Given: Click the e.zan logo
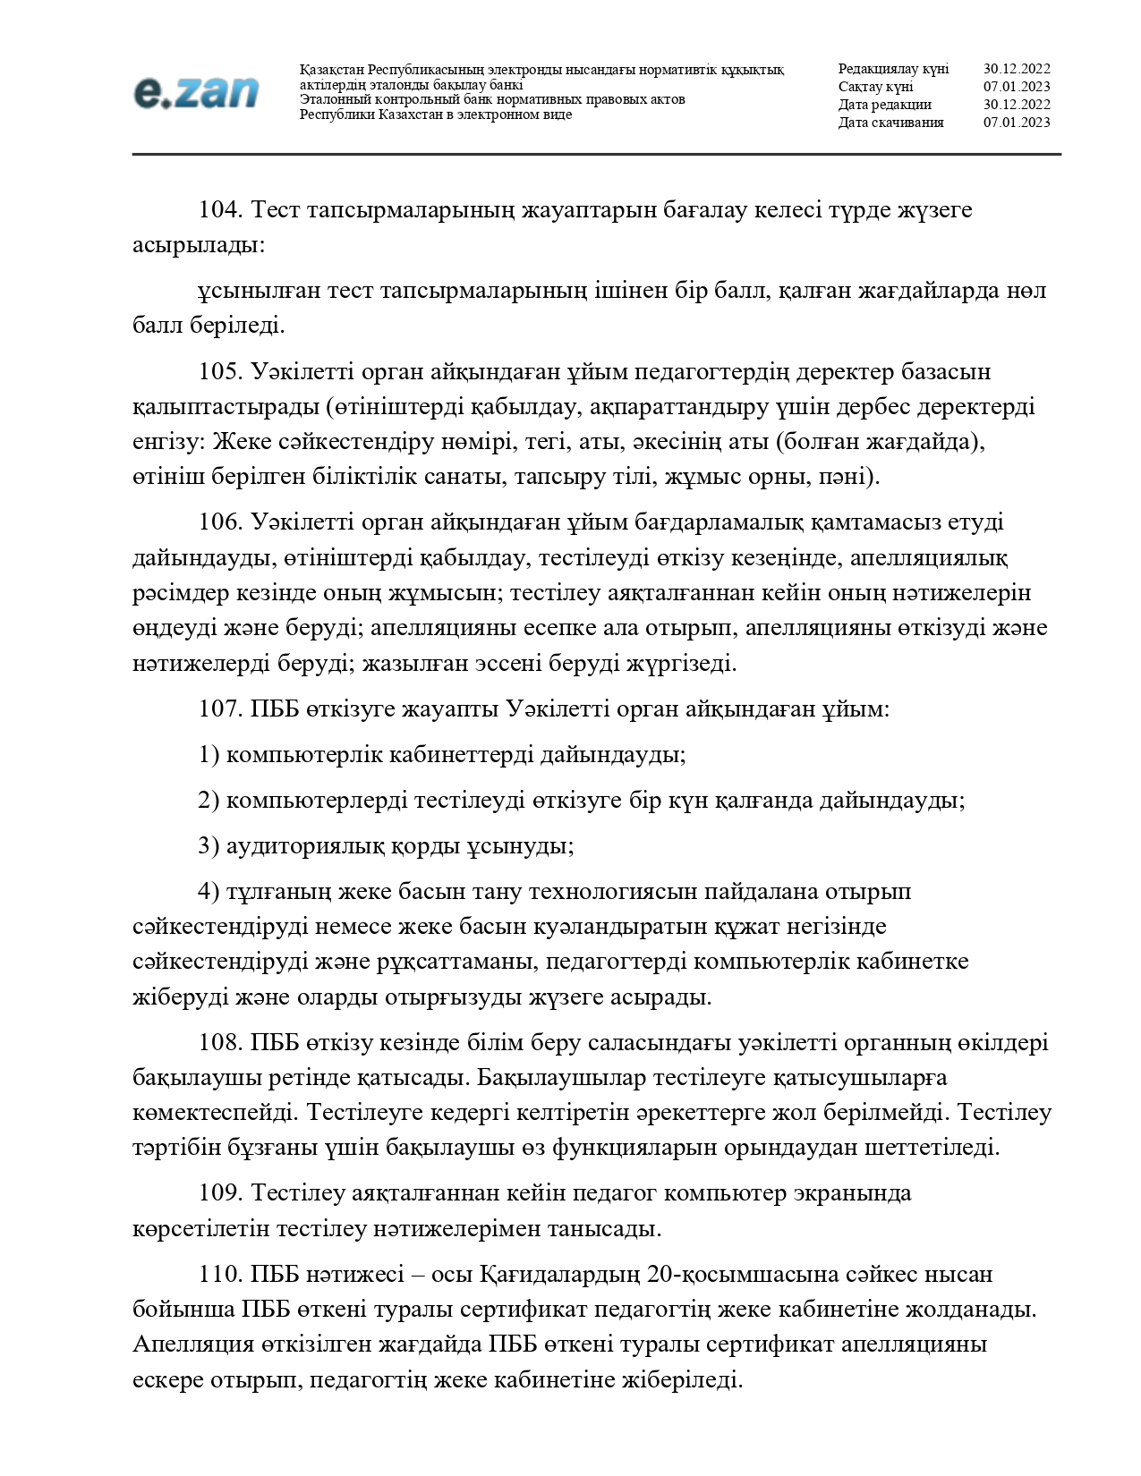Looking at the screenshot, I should [x=196, y=92].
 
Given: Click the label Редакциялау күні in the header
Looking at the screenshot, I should [x=893, y=69].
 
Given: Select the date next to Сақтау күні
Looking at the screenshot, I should [x=1017, y=87].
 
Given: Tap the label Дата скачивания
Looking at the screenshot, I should [x=890, y=123].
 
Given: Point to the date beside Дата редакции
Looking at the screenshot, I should [x=1017, y=105].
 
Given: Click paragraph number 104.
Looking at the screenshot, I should [x=220, y=210].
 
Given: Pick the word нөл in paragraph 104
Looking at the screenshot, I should [x=1026, y=291].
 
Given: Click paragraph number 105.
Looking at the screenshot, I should [x=220, y=371].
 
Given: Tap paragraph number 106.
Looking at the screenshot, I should [x=220, y=522].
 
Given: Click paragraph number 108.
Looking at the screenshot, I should [x=220, y=1042].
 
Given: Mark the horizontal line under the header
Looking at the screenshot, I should [x=596, y=155].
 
